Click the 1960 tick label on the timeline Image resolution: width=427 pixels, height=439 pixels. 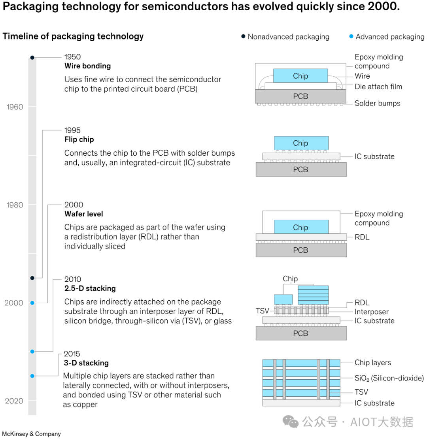(15, 107)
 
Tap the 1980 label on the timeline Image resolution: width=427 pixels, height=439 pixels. (15, 205)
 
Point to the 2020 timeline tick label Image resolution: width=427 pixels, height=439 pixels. (14, 401)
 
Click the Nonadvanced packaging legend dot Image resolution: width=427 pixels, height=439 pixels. (243, 36)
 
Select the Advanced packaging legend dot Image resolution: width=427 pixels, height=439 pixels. (351, 36)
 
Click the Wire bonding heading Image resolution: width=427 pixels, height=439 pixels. (88, 66)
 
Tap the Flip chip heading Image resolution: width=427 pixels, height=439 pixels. (79, 139)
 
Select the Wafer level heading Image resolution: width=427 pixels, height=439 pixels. (84, 214)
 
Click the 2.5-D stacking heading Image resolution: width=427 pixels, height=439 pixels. (90, 288)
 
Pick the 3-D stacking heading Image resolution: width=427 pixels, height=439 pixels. (86, 363)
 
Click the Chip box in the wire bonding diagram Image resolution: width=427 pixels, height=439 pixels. (300, 75)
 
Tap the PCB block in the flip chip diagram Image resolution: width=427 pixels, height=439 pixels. (301, 170)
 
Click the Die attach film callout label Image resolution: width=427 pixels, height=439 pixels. (378, 87)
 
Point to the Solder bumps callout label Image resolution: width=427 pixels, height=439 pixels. (378, 103)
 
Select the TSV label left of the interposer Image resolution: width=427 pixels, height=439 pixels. (262, 311)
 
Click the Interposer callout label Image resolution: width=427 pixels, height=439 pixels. (372, 312)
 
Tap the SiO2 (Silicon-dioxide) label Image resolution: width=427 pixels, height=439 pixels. (389, 378)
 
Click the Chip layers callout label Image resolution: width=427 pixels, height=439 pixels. (373, 363)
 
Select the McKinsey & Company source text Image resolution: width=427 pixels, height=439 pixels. (31, 434)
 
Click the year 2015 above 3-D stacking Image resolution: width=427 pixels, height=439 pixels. (72, 354)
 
